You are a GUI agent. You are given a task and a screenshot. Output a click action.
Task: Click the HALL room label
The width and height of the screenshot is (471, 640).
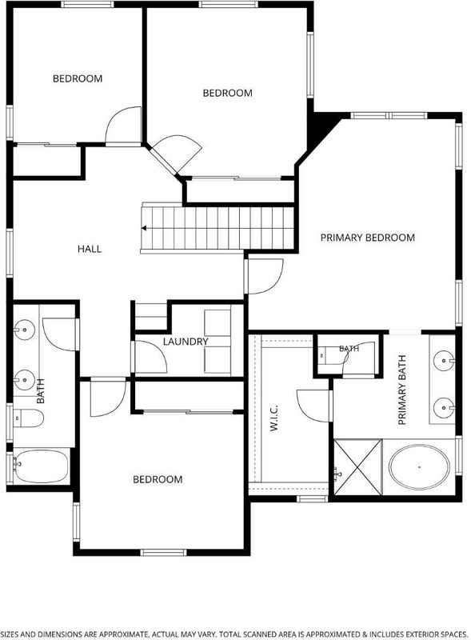[x=90, y=249]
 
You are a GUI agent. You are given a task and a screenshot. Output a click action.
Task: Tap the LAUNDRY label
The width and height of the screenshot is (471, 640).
[x=186, y=342]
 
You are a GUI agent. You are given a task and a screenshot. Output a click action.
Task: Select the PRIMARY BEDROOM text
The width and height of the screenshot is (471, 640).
[x=367, y=238]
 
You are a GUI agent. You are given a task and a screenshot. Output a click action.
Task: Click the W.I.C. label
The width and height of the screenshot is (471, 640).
[x=273, y=418]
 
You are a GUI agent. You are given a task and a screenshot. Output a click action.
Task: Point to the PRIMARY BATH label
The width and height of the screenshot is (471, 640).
[x=401, y=390]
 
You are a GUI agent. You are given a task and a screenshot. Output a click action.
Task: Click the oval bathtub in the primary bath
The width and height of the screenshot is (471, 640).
[x=419, y=467]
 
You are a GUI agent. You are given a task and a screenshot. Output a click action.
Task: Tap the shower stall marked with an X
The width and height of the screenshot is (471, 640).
[x=358, y=467]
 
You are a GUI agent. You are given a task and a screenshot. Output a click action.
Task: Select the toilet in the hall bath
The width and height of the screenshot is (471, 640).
[x=28, y=418]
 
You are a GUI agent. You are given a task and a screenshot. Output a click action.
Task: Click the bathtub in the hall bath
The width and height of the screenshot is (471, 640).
[x=41, y=466]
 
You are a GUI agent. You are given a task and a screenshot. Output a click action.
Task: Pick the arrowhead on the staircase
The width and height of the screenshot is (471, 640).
[x=144, y=228]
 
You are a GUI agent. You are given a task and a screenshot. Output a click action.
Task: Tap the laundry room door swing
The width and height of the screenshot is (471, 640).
[x=150, y=356]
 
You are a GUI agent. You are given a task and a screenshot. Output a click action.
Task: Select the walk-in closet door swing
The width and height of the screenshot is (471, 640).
[x=313, y=406]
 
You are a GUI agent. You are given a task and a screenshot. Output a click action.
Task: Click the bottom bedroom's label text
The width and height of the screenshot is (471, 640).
[x=158, y=479]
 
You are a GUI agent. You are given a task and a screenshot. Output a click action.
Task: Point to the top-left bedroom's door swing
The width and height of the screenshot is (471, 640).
[x=123, y=125]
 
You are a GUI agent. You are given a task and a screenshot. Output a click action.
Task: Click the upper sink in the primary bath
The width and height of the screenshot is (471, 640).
[x=444, y=361]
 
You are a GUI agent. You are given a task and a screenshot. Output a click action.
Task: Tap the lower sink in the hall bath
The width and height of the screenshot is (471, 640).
[x=24, y=379]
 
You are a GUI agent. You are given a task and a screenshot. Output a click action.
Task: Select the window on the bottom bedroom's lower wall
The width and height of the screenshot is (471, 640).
[x=163, y=552]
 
